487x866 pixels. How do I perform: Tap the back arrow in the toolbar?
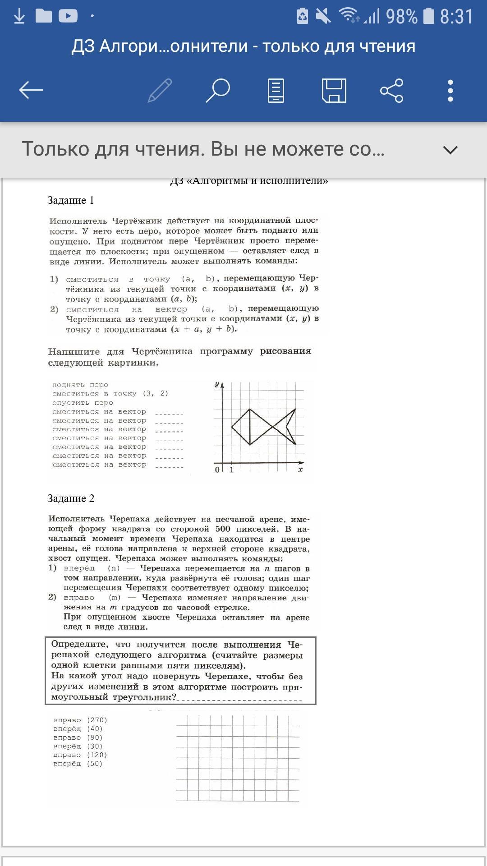pos(31,90)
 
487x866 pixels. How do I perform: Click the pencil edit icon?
pos(160,90)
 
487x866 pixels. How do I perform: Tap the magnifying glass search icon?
pos(218,90)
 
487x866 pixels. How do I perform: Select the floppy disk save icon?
pos(334,90)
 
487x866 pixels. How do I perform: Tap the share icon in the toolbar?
pos(392,90)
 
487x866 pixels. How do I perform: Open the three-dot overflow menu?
pos(450,90)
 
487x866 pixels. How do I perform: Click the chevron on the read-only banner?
pos(450,150)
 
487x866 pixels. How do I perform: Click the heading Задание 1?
pos(71,200)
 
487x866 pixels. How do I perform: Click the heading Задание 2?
pos(71,498)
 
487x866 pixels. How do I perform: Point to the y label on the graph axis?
pos(217,384)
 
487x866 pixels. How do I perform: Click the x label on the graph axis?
pos(300,470)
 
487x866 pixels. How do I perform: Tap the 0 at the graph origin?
pos(217,470)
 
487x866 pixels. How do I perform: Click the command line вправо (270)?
pos(80,720)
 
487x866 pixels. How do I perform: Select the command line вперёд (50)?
pos(78,764)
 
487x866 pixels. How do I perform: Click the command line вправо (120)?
pos(80,755)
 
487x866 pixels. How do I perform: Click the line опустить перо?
pos(83,402)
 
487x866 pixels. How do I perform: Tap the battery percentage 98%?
pos(402,17)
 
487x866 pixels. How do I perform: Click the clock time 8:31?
pos(456,17)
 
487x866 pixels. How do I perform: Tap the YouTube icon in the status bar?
pos(68,16)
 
